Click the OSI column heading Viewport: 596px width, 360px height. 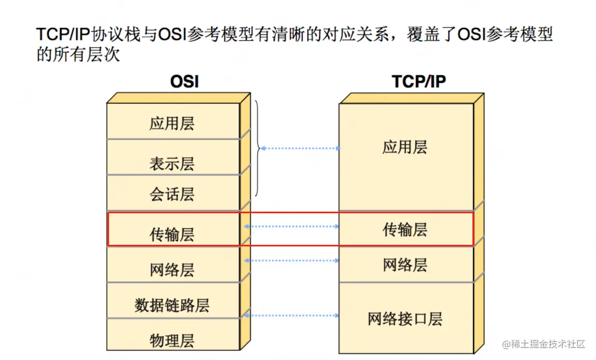point(184,82)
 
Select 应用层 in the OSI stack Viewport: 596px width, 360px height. point(172,124)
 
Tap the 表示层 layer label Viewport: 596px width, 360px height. point(172,164)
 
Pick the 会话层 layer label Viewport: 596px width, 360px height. point(172,195)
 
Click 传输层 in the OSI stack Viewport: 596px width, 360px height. point(172,234)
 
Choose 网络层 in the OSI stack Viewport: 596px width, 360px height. point(172,270)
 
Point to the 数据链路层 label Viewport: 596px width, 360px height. point(172,305)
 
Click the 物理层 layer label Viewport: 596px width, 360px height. point(172,340)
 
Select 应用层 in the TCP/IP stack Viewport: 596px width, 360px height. point(405,147)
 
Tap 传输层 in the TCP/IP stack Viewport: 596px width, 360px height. point(405,229)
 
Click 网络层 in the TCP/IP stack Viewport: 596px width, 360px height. point(405,265)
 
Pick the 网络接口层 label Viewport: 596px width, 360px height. point(405,319)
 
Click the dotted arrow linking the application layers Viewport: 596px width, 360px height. point(300,148)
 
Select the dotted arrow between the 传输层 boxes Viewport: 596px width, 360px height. point(292,226)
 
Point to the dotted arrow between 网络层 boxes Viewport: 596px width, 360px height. point(292,260)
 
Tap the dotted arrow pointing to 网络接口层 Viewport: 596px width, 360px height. point(292,315)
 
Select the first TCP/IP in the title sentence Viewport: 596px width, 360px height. point(63,35)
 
